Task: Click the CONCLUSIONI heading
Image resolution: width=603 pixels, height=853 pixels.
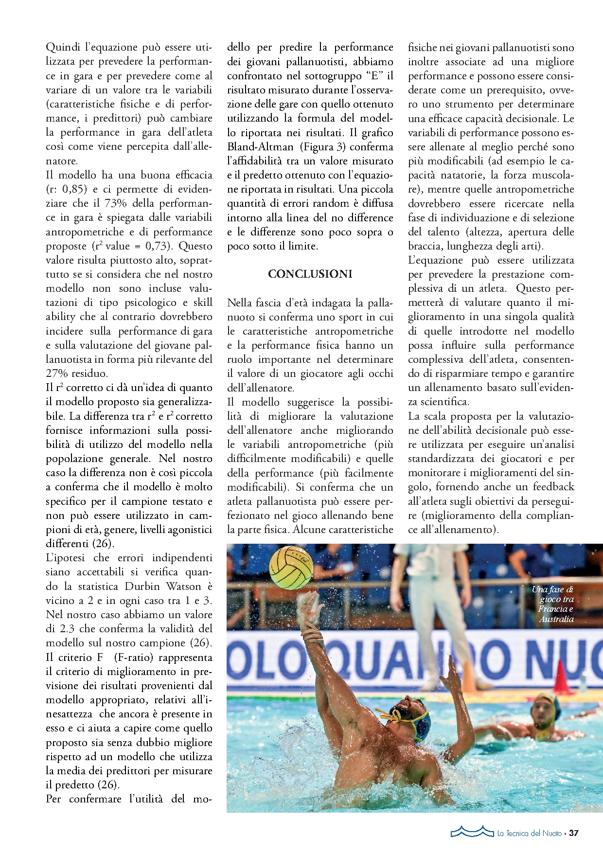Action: tap(310, 274)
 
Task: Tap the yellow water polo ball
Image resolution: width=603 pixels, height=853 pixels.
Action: tap(291, 567)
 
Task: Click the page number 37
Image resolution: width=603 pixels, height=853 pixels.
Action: tap(574, 833)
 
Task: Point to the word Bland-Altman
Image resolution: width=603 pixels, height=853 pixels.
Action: tap(260, 147)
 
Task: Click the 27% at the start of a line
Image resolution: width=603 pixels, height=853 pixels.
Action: tap(57, 373)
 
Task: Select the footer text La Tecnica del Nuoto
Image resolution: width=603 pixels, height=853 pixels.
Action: tap(529, 834)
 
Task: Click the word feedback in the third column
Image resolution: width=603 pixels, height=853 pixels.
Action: tap(553, 487)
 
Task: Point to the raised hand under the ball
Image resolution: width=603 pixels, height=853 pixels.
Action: tap(308, 608)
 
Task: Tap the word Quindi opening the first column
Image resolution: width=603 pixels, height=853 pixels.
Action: tap(63, 47)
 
